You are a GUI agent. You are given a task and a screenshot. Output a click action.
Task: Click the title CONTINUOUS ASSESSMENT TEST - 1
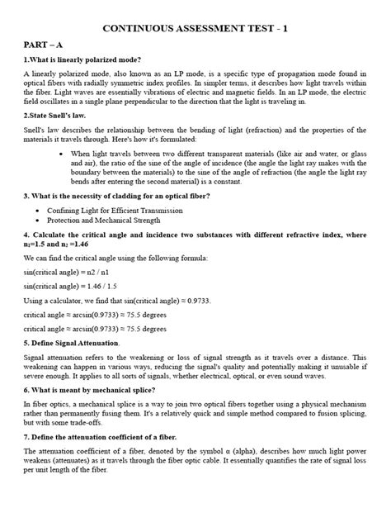coord(195,28)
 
